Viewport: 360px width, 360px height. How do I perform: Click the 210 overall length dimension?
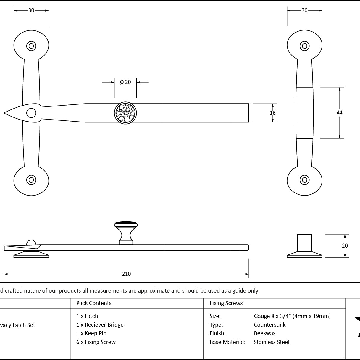(x=126, y=274)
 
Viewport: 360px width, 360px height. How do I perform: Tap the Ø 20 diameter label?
(x=125, y=82)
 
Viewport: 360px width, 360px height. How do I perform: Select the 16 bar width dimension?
(x=272, y=113)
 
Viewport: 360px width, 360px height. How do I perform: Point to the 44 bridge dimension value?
(x=340, y=113)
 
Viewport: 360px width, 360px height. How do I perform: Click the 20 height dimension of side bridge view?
(x=345, y=246)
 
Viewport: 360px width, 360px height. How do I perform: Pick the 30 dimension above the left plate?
(x=31, y=10)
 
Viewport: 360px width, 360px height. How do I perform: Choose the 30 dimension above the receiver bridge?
(x=304, y=10)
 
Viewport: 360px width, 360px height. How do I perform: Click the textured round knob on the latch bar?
(x=125, y=113)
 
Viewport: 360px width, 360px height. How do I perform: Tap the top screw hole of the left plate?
(x=31, y=46)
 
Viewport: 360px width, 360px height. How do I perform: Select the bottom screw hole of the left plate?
(x=31, y=180)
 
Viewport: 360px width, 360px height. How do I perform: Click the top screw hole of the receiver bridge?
(x=304, y=46)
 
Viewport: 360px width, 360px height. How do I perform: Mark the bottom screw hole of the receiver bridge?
(x=304, y=180)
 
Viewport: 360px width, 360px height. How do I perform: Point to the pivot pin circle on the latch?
(x=31, y=113)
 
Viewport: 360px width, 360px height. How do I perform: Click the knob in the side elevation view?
(x=126, y=233)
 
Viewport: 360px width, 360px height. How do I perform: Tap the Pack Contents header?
(x=94, y=303)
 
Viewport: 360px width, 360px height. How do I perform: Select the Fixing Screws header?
(x=226, y=303)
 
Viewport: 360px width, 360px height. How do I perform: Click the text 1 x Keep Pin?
(x=91, y=333)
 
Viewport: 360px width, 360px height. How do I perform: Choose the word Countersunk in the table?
(x=269, y=325)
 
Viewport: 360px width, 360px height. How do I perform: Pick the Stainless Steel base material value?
(x=272, y=342)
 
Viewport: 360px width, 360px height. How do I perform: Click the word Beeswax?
(x=265, y=333)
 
